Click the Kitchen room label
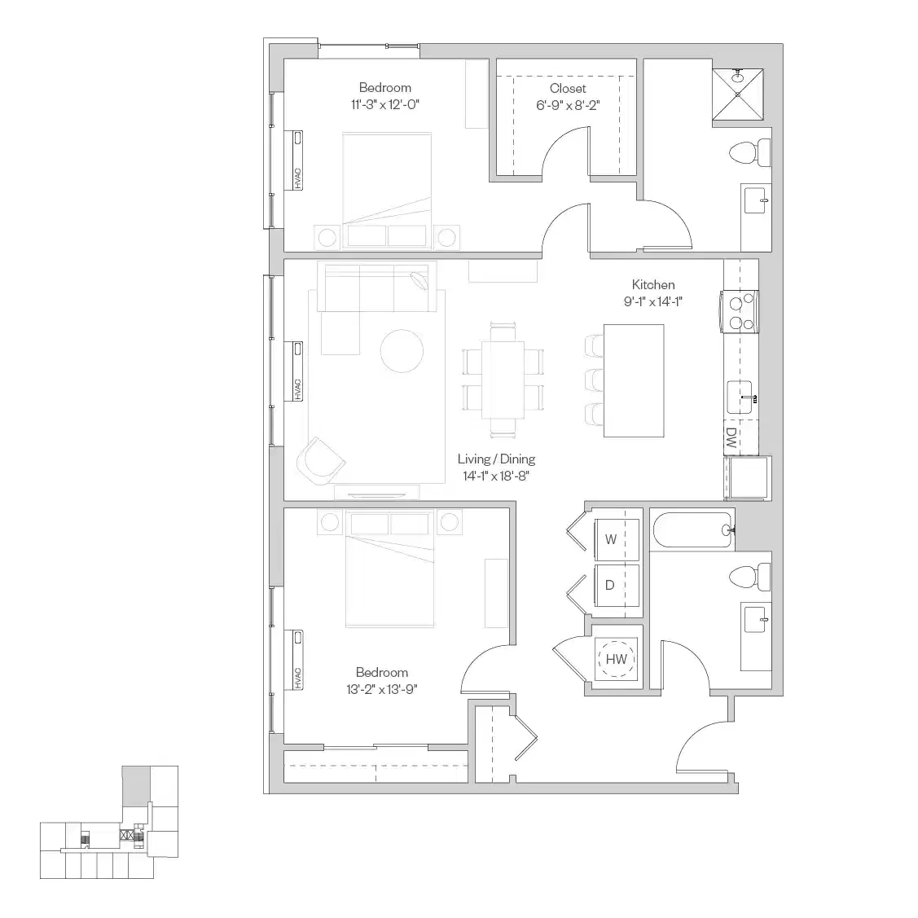pyautogui.click(x=653, y=285)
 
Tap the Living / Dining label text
pyautogui.click(x=496, y=459)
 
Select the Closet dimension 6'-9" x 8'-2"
pyautogui.click(x=567, y=104)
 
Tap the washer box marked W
pyautogui.click(x=610, y=539)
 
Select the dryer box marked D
pyautogui.click(x=609, y=585)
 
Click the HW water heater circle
pyautogui.click(x=617, y=659)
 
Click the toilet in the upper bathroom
pyautogui.click(x=750, y=152)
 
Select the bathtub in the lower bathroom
pyautogui.click(x=692, y=530)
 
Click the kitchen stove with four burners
pyautogui.click(x=739, y=313)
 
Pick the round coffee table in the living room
pyautogui.click(x=402, y=351)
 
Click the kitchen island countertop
pyautogui.click(x=633, y=380)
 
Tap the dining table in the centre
pyautogui.click(x=503, y=379)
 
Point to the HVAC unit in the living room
pyautogui.click(x=297, y=371)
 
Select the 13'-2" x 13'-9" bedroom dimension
pyautogui.click(x=381, y=688)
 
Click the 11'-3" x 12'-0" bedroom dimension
pyautogui.click(x=384, y=104)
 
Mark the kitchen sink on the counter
pyautogui.click(x=743, y=397)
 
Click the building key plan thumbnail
pyautogui.click(x=109, y=823)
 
